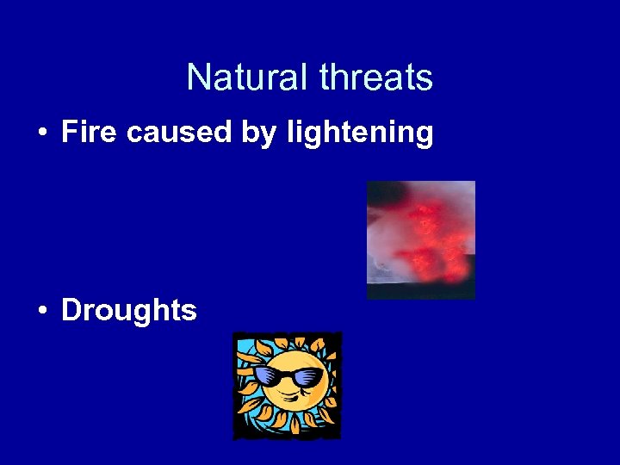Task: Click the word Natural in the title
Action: coord(248,78)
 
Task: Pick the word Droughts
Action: coord(129,310)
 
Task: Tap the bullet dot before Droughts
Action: coord(41,311)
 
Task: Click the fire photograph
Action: coord(420,239)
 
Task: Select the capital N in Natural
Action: coord(197,78)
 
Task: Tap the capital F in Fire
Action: coord(70,133)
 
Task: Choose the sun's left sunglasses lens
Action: coord(268,376)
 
